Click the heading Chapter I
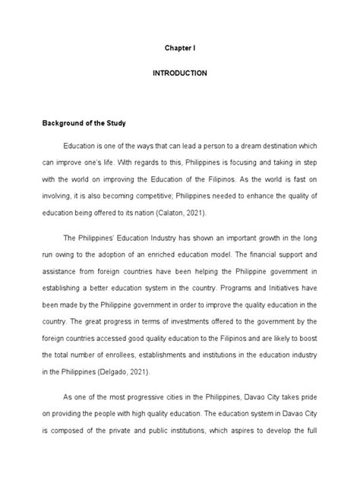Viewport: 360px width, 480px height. pos(181,47)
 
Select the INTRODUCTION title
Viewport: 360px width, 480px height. pos(181,74)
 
